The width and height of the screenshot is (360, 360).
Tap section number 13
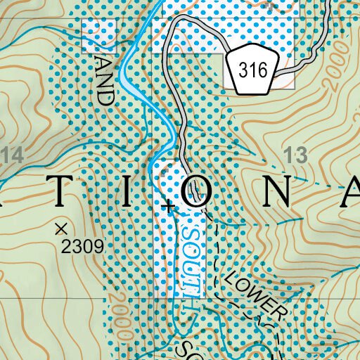tap(298, 155)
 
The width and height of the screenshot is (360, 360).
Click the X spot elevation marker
tap(60, 228)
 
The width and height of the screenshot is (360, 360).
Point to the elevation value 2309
tap(82, 247)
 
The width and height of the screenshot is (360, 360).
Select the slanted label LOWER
tap(255, 295)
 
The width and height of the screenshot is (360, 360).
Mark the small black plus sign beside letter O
tap(167, 207)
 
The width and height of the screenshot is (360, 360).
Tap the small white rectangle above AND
tap(98, 34)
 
